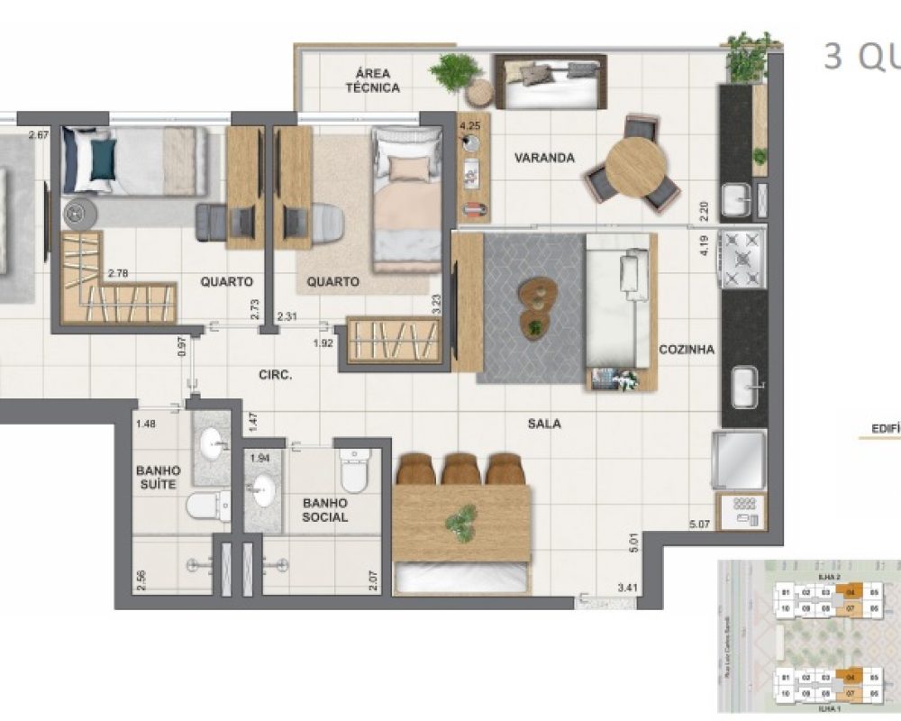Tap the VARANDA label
click(544, 158)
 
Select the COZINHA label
click(687, 350)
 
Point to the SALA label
click(545, 423)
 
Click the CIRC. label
click(275, 375)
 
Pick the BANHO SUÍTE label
click(158, 478)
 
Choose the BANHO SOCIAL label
click(325, 510)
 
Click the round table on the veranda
click(636, 166)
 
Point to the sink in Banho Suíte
click(213, 442)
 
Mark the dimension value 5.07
click(700, 525)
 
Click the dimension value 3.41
click(628, 589)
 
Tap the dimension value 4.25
click(469, 127)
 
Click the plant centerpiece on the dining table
click(461, 520)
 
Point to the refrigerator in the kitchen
click(739, 460)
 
